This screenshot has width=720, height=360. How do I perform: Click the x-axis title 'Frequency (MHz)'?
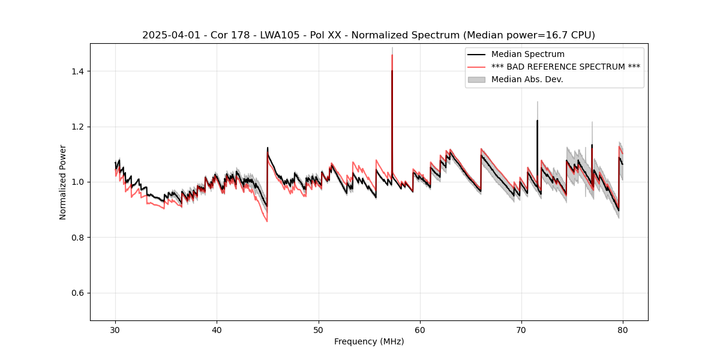click(369, 341)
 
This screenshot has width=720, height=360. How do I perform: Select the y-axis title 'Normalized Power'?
click(63, 182)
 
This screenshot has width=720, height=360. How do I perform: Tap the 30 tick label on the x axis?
click(116, 329)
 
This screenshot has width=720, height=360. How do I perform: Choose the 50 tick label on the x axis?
click(319, 329)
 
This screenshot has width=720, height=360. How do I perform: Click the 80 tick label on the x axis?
click(623, 329)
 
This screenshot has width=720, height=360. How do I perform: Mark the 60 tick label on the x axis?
click(420, 329)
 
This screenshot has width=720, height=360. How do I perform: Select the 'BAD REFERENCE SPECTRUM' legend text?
click(566, 67)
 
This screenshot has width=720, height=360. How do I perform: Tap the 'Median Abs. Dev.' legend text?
click(527, 79)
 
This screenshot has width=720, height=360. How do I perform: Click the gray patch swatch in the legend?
click(476, 79)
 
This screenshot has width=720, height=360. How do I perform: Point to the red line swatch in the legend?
click(476, 67)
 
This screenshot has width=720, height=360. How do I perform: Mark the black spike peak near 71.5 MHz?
click(537, 121)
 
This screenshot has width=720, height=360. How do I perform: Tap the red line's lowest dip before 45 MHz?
click(267, 221)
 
